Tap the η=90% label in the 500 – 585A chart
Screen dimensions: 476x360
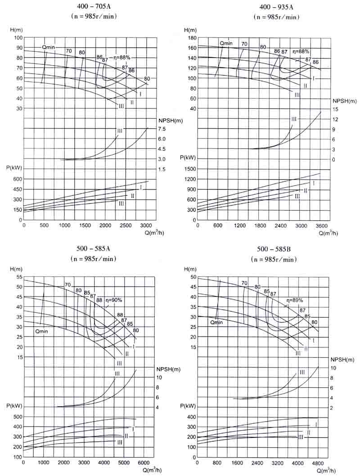coord(114,300)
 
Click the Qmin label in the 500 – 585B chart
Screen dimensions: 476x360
coord(216,322)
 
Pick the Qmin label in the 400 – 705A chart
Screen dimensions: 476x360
coord(49,47)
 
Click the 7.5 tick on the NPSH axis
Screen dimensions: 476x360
coord(162,129)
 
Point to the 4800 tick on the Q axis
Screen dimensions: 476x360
coord(318,462)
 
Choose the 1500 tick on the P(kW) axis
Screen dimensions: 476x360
coord(189,169)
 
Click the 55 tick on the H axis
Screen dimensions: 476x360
coord(18,277)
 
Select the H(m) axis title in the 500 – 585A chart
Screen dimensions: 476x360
coord(16,269)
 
